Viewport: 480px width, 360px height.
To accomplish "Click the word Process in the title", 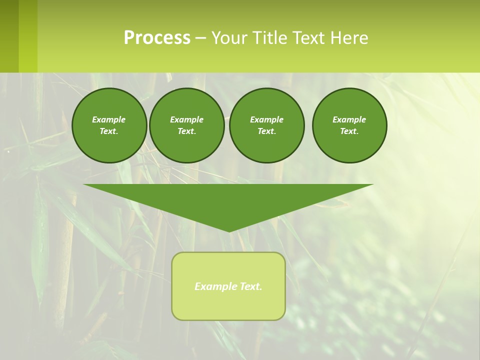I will coord(157,38).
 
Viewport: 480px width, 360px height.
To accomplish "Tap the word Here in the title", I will coord(349,38).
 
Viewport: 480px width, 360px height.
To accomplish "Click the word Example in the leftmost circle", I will coord(109,119).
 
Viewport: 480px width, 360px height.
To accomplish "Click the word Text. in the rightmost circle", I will coord(349,131).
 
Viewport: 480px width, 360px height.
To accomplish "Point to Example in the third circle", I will coord(266,119).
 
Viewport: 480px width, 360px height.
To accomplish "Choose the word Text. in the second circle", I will coord(186,131).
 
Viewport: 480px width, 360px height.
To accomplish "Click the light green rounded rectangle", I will coord(228,305).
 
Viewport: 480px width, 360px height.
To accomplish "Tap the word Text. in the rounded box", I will coord(251,286).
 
